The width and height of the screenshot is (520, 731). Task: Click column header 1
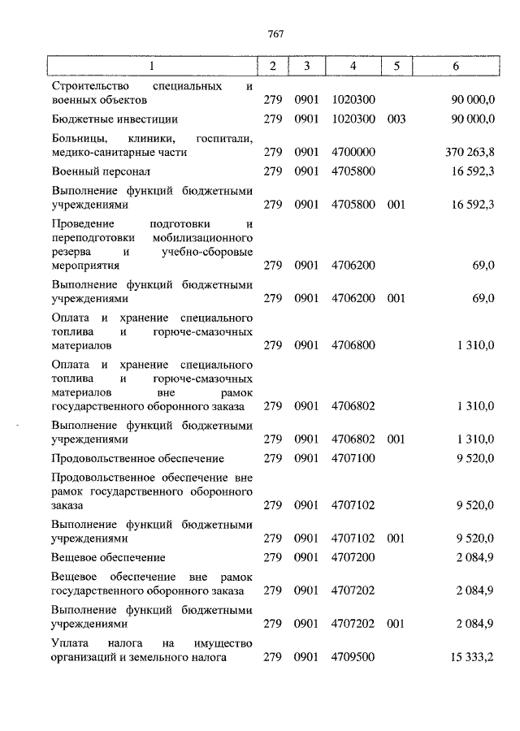(151, 66)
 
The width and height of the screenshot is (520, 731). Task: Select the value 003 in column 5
(396, 119)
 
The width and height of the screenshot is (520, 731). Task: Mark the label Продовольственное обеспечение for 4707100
(137, 458)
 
